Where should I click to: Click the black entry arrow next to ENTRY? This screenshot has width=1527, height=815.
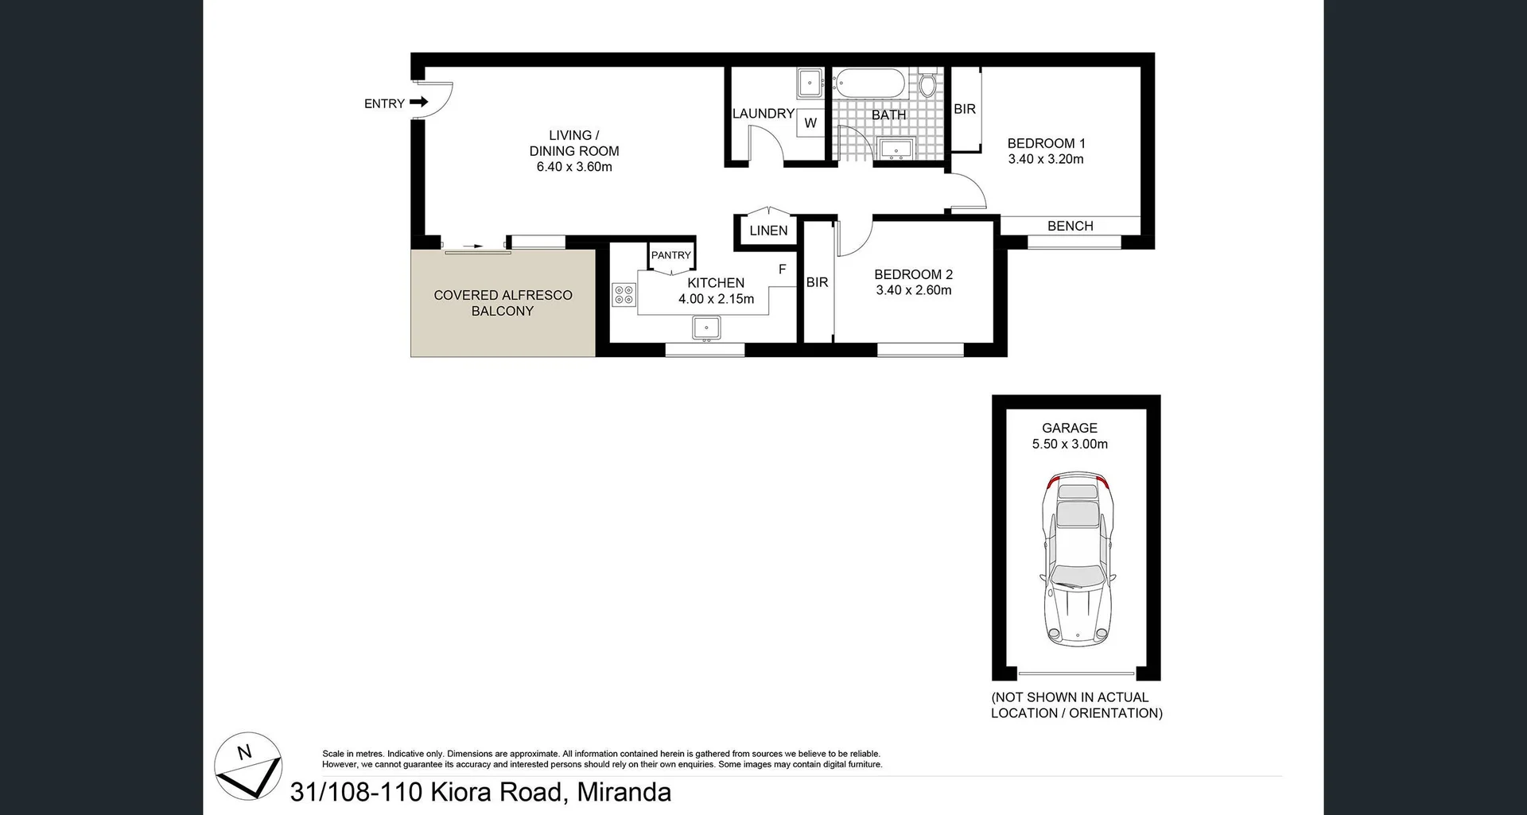click(419, 102)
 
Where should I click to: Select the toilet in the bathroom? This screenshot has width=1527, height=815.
click(927, 84)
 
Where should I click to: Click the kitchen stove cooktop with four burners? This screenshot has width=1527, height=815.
click(624, 295)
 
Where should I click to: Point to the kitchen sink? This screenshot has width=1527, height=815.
click(705, 328)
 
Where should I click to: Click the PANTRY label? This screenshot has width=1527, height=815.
click(670, 255)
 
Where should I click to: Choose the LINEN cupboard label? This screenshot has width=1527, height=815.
click(768, 231)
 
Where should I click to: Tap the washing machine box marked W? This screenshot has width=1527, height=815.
click(810, 122)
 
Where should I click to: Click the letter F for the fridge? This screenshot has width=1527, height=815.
click(782, 270)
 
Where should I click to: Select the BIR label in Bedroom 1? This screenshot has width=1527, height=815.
click(964, 109)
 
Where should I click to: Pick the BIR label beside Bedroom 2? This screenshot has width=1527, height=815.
click(817, 282)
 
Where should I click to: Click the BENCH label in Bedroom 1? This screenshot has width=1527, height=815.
click(1070, 226)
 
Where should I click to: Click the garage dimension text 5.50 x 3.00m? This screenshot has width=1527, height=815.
click(1070, 444)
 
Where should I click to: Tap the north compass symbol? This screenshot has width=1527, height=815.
click(248, 766)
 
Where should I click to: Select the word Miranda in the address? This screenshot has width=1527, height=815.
click(624, 792)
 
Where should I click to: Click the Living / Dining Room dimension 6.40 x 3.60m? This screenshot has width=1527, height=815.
click(573, 167)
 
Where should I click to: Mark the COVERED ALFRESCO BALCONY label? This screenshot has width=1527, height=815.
click(503, 303)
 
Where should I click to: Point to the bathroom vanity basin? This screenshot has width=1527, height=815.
click(898, 148)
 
